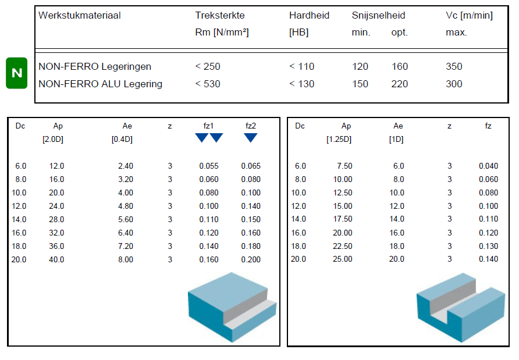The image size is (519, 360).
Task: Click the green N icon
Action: (17, 73)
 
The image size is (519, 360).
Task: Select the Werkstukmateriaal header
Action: (79, 16)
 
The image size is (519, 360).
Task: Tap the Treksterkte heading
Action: (220, 16)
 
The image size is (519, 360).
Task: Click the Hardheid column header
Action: (309, 16)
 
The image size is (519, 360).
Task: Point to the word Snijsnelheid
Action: (378, 16)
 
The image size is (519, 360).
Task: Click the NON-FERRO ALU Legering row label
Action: (100, 84)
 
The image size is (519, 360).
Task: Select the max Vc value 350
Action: (454, 66)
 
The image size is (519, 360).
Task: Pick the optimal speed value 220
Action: (400, 84)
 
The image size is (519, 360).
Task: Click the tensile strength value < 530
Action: (208, 84)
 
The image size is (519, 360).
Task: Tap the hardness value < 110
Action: (301, 66)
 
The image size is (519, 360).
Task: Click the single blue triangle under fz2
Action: (251, 138)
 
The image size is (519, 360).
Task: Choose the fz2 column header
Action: (251, 126)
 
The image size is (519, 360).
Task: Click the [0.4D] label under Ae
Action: (122, 140)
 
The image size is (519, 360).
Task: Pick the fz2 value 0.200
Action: (251, 259)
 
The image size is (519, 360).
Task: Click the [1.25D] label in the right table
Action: (339, 140)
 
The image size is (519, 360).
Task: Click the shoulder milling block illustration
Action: (232, 306)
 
